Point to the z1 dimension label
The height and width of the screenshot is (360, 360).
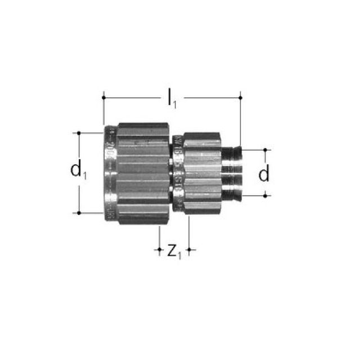coord(174,251)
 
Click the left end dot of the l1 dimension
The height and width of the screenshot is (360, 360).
coord(104,97)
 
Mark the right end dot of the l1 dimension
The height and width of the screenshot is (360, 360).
coord(240,97)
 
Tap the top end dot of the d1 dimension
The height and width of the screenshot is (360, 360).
coord(79,133)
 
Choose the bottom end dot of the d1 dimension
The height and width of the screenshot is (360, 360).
coord(79,213)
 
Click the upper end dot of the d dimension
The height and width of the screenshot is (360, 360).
coord(264,150)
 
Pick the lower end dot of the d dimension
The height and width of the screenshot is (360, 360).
coord(264,195)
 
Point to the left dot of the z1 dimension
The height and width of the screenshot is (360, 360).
coord(160,249)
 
